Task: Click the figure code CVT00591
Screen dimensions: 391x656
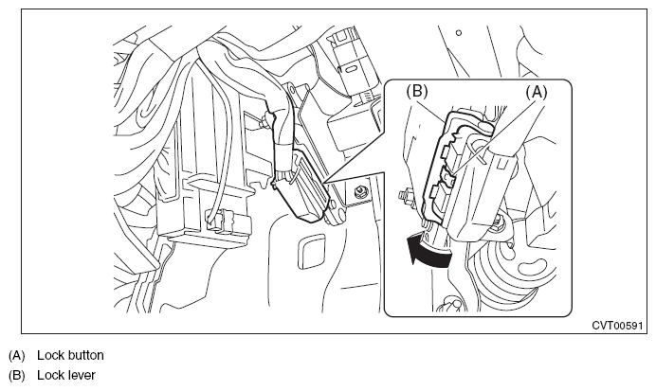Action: [616, 325]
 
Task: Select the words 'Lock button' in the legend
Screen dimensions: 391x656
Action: [70, 356]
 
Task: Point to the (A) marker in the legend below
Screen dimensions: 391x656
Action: [16, 356]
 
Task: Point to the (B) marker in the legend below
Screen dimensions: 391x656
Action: [16, 375]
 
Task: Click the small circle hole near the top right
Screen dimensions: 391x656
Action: [458, 33]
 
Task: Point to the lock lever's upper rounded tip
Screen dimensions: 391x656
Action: [483, 123]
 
